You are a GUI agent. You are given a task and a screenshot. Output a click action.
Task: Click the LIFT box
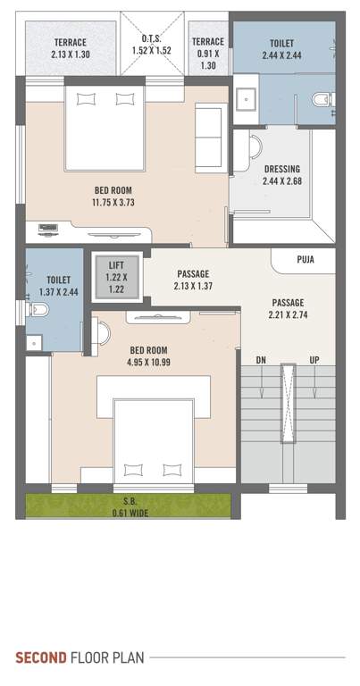(x=117, y=277)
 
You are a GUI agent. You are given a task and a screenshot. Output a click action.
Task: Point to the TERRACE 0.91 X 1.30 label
(x=208, y=54)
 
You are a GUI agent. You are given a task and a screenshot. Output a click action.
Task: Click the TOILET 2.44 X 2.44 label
(x=282, y=48)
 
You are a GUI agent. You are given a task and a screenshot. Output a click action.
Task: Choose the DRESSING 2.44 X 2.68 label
(x=282, y=175)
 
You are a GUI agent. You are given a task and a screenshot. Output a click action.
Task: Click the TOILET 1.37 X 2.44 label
(x=58, y=286)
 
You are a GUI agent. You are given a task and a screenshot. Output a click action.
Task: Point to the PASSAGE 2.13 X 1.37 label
(x=193, y=280)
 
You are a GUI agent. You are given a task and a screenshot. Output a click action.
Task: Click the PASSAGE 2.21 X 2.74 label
(x=287, y=308)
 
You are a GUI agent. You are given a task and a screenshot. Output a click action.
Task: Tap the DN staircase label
(x=261, y=360)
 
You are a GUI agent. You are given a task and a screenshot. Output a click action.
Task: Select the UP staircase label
(x=313, y=360)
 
